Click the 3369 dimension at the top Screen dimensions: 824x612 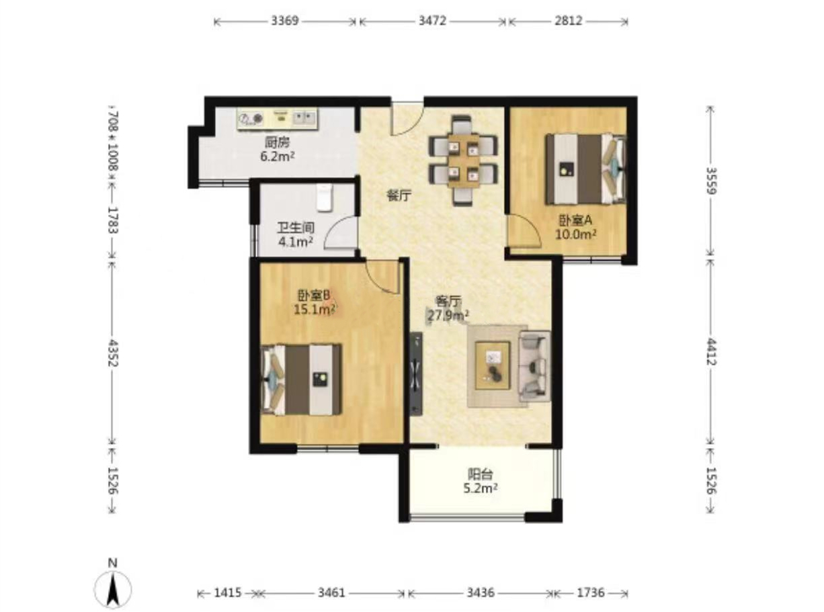click(x=284, y=21)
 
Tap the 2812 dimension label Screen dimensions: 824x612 click(x=569, y=21)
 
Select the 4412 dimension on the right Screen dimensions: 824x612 click(x=711, y=351)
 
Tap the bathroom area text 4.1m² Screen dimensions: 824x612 click(x=296, y=242)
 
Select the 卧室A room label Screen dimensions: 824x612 click(x=575, y=220)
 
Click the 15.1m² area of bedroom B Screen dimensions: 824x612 click(x=315, y=309)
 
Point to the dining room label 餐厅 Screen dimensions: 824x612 click(x=399, y=195)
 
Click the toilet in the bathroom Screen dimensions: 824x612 click(x=325, y=198)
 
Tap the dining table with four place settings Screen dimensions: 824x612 click(x=463, y=161)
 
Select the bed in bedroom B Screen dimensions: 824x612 click(x=302, y=380)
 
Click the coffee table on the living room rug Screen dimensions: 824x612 click(x=493, y=365)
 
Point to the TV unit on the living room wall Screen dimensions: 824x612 click(x=417, y=373)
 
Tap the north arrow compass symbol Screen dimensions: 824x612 click(x=112, y=588)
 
